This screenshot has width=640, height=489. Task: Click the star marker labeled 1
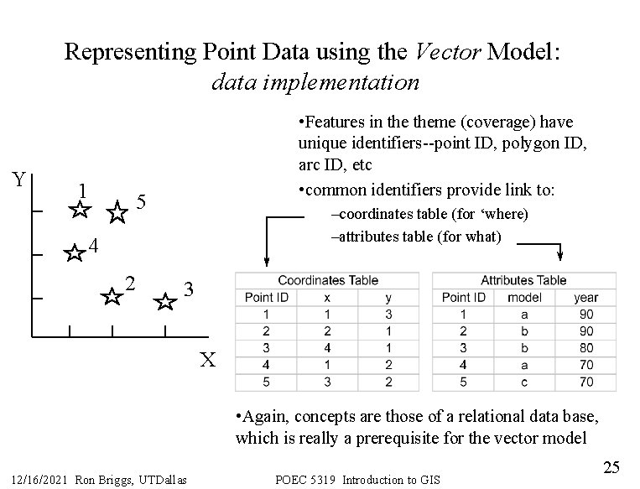click(x=80, y=210)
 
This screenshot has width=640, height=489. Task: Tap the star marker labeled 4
click(x=75, y=253)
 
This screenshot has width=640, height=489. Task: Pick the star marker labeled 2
click(x=110, y=296)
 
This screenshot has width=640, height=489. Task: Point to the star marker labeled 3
click(x=166, y=302)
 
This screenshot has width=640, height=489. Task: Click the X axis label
click(x=209, y=361)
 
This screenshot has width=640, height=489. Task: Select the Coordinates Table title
click(x=328, y=280)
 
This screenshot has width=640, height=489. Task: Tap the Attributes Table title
click(x=523, y=280)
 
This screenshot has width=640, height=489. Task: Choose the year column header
click(x=586, y=297)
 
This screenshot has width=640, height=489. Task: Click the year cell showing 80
click(x=586, y=347)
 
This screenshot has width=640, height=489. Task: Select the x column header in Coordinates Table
click(x=327, y=297)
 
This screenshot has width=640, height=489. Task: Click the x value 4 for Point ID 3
click(x=327, y=347)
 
